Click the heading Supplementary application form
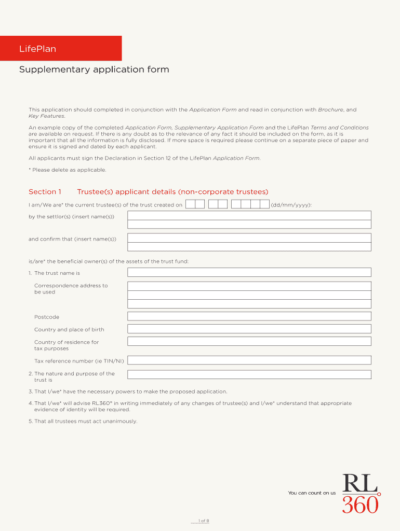[94, 69]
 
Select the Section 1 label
[45, 192]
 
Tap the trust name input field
[249, 272]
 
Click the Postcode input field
[249, 316]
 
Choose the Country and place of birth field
[249, 329]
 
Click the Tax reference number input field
[249, 360]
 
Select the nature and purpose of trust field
[249, 374]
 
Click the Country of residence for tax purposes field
[249, 341]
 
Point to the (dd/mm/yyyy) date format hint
[291, 205]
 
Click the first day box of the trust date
[190, 204]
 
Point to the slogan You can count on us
[312, 493]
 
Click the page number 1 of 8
[200, 521]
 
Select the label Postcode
[47, 317]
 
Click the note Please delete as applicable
[68, 170]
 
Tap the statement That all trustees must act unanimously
[83, 421]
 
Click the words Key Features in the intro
[46, 116]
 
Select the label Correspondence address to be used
[71, 289]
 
